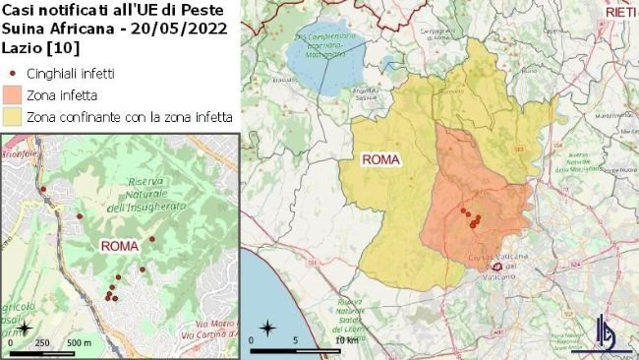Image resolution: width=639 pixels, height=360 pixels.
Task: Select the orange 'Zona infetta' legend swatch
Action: pyautogui.click(x=14, y=94)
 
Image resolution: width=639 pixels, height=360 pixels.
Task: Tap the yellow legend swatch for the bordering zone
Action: pyautogui.click(x=14, y=116)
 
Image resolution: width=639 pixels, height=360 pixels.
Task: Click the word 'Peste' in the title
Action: pyautogui.click(x=211, y=9)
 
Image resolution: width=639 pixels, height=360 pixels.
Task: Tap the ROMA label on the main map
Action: pyautogui.click(x=380, y=159)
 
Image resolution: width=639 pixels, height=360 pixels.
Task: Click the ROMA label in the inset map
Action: pyautogui.click(x=119, y=245)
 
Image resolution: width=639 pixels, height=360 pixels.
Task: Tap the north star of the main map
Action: pyautogui.click(x=266, y=327)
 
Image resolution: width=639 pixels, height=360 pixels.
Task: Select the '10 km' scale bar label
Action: pyautogui.click(x=346, y=340)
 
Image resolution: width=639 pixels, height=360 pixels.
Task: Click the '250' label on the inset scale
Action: pyautogui.click(x=42, y=342)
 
